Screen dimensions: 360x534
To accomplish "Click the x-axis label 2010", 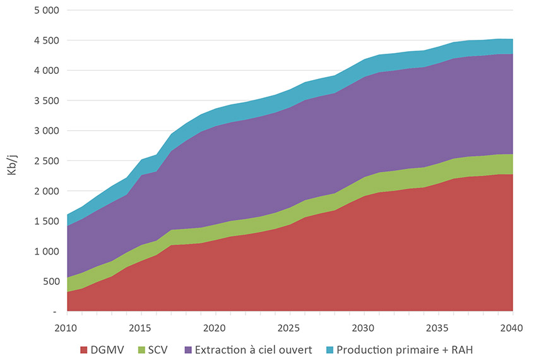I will (x=67, y=328).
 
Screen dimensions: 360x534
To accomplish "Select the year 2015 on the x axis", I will (x=141, y=328).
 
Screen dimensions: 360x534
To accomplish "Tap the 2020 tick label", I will (x=215, y=328).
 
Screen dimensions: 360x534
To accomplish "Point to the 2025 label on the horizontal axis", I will (x=290, y=328).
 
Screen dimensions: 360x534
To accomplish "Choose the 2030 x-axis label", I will (x=364, y=328).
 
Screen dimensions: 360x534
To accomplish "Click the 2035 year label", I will (x=438, y=328).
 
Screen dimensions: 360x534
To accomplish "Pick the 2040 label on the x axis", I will (x=512, y=328).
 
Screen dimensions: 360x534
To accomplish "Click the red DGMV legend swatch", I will (x=84, y=350).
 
